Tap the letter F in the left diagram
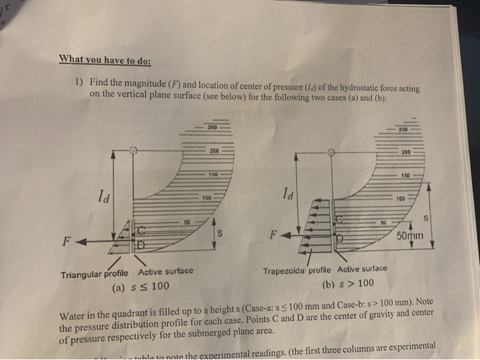click(67, 241)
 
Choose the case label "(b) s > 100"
click(351, 283)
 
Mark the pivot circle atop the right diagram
click(331, 154)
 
